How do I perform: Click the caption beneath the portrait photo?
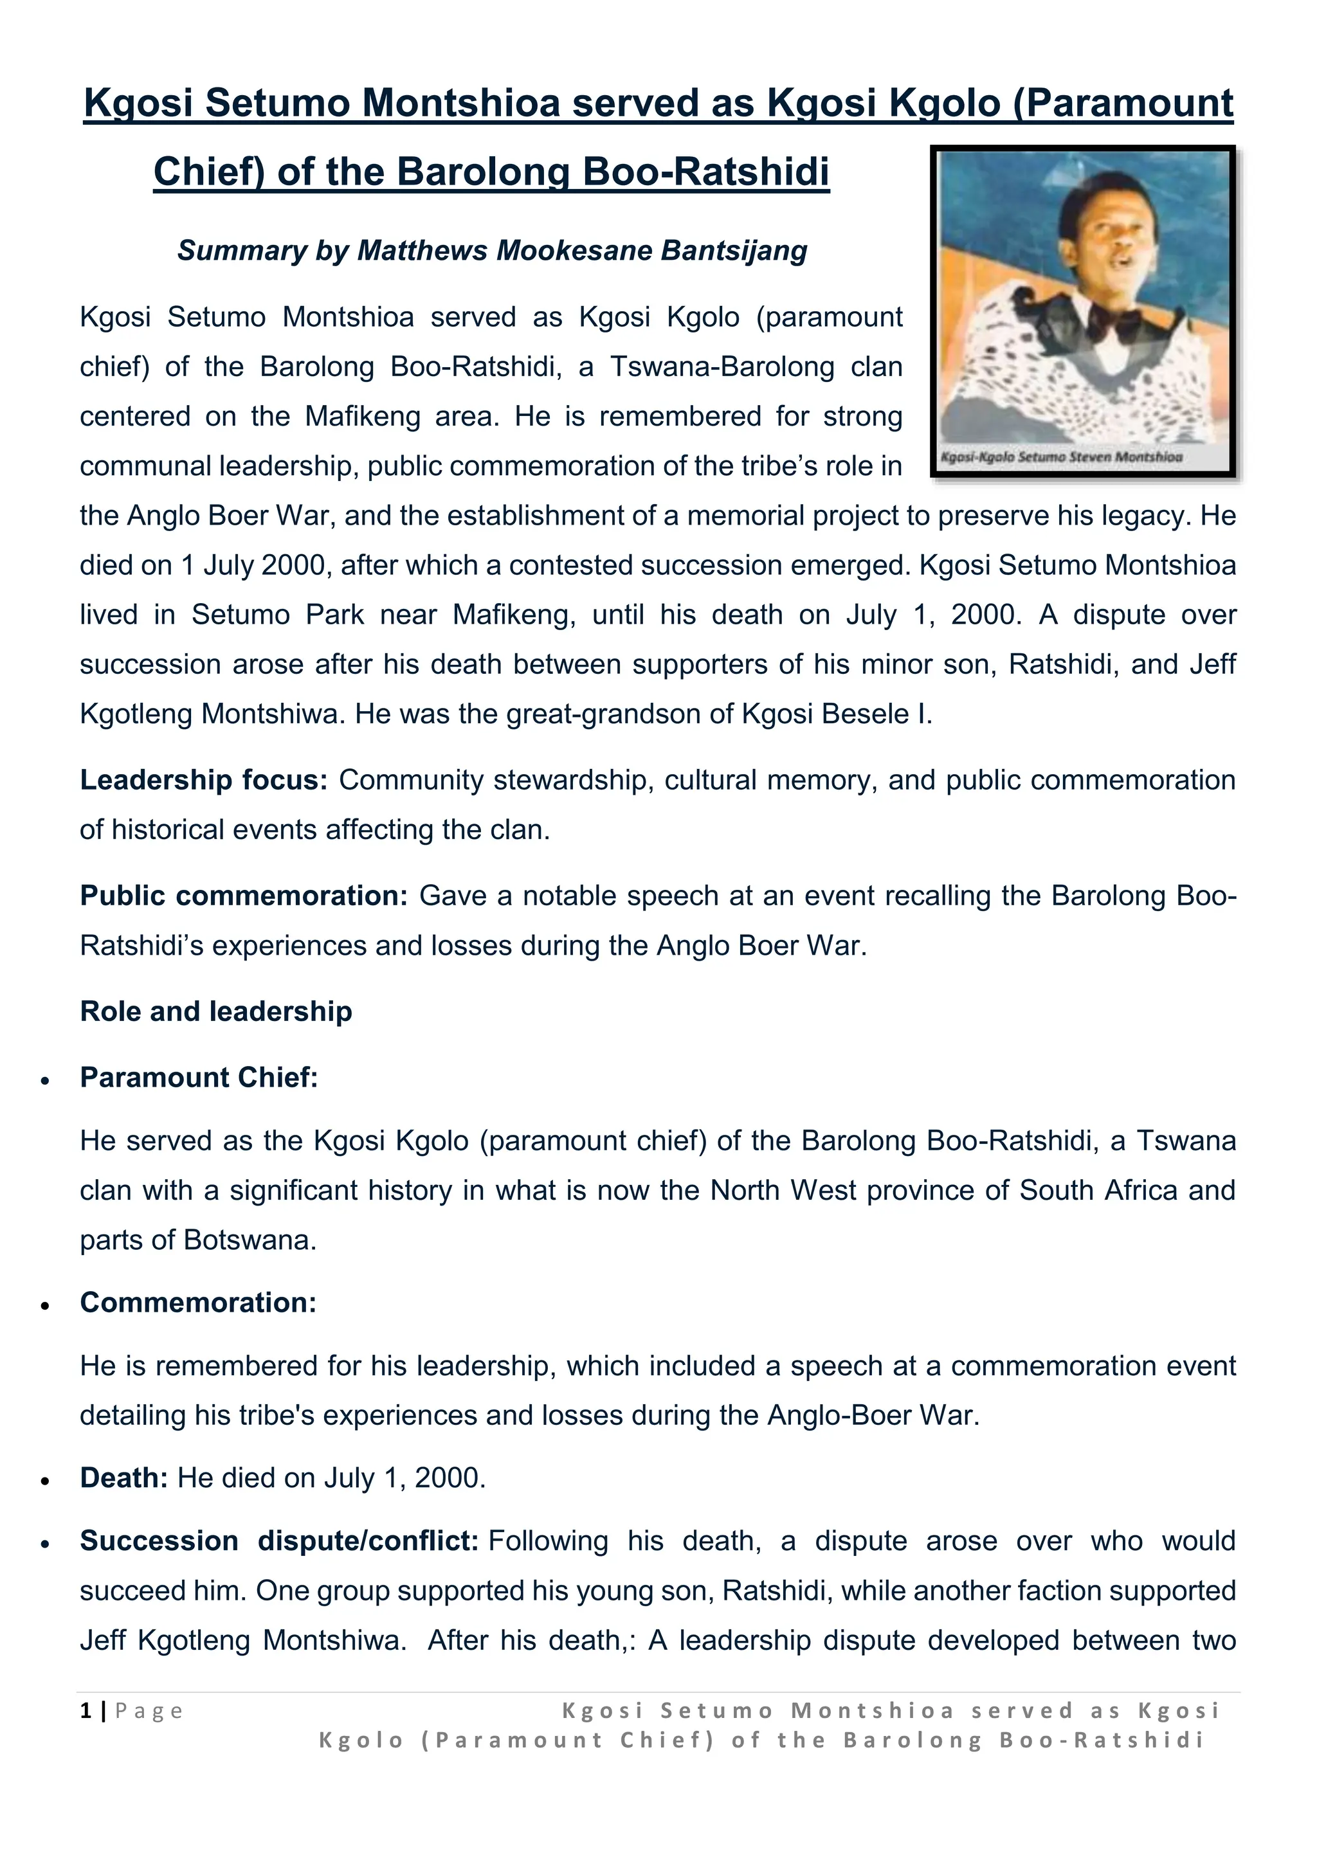pos(1060,457)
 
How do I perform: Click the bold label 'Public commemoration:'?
pos(243,896)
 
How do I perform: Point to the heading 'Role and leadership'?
pos(215,1012)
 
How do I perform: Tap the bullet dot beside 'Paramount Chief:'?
pos(46,1081)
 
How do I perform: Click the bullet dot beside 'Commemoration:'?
pos(46,1306)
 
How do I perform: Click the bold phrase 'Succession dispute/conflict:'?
pos(279,1542)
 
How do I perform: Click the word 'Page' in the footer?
pos(149,1711)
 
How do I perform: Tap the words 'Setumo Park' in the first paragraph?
pos(277,615)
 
